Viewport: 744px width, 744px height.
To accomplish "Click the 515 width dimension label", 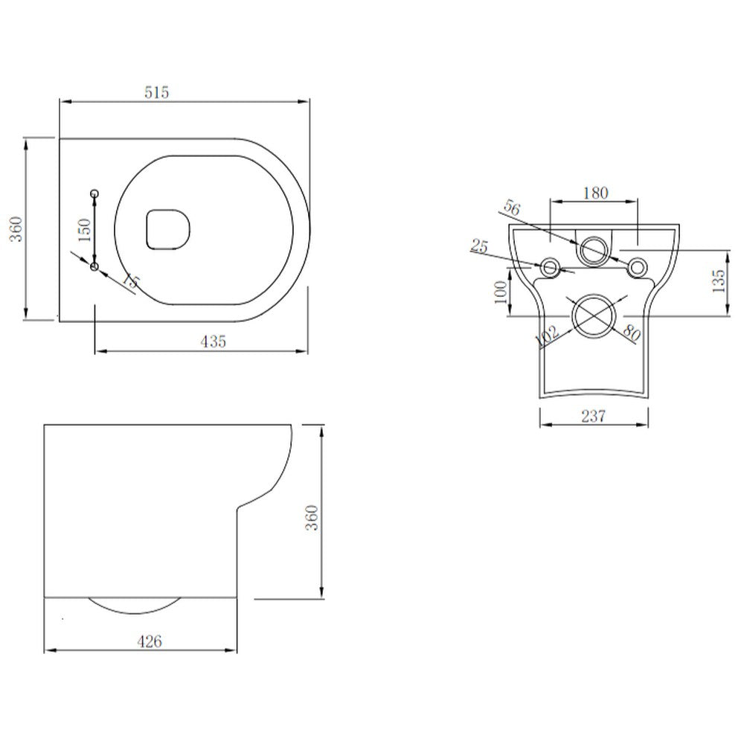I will [158, 92].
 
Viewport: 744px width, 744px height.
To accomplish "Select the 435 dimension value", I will [213, 341].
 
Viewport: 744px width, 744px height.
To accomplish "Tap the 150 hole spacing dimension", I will [85, 230].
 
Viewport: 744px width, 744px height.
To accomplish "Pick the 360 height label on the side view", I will [312, 516].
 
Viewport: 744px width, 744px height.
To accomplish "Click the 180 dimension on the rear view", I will [594, 193].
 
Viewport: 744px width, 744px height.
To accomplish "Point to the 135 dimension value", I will [717, 282].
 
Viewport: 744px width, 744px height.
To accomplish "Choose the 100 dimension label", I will [500, 290].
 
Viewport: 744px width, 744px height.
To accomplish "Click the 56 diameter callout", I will [511, 208].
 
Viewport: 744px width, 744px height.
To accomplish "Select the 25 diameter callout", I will [480, 246].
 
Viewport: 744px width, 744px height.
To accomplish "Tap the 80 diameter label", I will [631, 333].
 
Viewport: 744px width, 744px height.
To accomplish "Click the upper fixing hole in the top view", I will [94, 194].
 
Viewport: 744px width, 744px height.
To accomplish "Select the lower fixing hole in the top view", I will [94, 266].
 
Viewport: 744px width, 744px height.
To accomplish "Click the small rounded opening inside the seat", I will [168, 227].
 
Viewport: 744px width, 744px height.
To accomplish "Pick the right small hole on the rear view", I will [636, 267].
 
